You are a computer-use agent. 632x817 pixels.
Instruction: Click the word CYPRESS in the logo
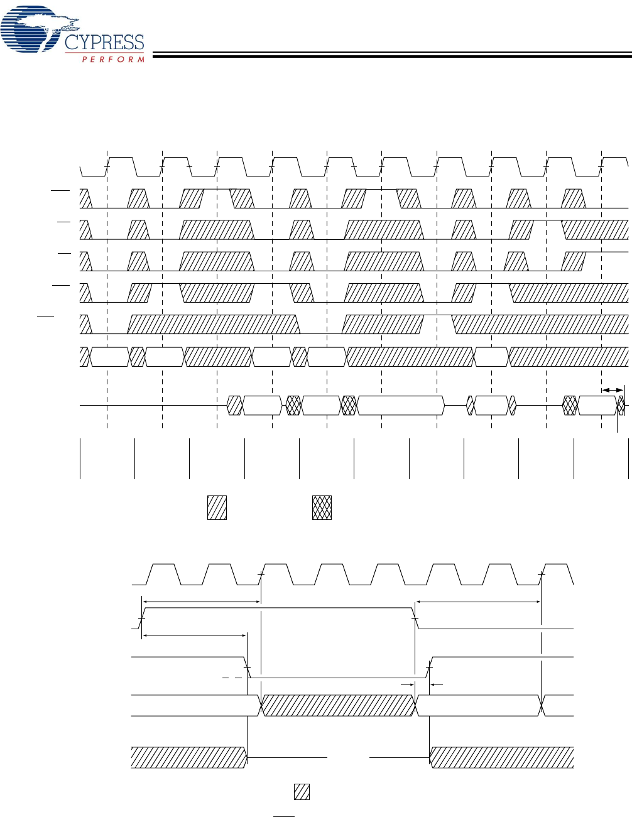coord(105,43)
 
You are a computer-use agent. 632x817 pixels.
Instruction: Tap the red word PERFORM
coord(114,60)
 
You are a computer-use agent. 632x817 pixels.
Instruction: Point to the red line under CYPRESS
coord(113,53)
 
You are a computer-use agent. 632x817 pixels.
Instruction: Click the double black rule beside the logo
coord(390,55)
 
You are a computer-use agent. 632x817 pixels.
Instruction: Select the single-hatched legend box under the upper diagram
coord(217,507)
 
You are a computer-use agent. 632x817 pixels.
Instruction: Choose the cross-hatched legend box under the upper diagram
coord(322,507)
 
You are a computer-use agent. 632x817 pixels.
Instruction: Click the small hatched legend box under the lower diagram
coord(302,792)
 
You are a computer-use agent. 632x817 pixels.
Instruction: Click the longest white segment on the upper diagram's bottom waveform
coord(400,406)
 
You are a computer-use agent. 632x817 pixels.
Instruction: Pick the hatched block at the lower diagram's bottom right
coord(501,757)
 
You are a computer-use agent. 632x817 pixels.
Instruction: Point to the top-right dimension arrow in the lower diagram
coord(479,602)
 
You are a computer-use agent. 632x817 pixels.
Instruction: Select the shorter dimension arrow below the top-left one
coord(195,636)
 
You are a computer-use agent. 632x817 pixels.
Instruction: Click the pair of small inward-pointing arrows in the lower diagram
coord(422,684)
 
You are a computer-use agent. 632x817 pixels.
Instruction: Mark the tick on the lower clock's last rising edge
coord(542,574)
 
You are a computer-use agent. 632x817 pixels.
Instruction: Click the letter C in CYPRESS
coord(72,43)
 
